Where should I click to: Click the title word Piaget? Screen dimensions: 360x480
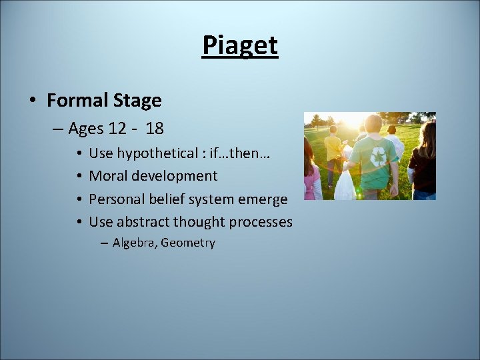coord(239,46)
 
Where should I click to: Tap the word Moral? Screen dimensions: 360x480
coord(108,176)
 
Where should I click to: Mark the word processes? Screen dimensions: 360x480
coord(261,221)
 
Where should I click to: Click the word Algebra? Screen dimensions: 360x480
coord(135,243)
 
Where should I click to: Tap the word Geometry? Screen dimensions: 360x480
coord(188,243)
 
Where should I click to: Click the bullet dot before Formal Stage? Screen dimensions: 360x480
coord(33,101)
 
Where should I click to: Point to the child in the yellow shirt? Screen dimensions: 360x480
coord(333,150)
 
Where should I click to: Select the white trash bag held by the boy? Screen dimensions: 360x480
coord(345,185)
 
